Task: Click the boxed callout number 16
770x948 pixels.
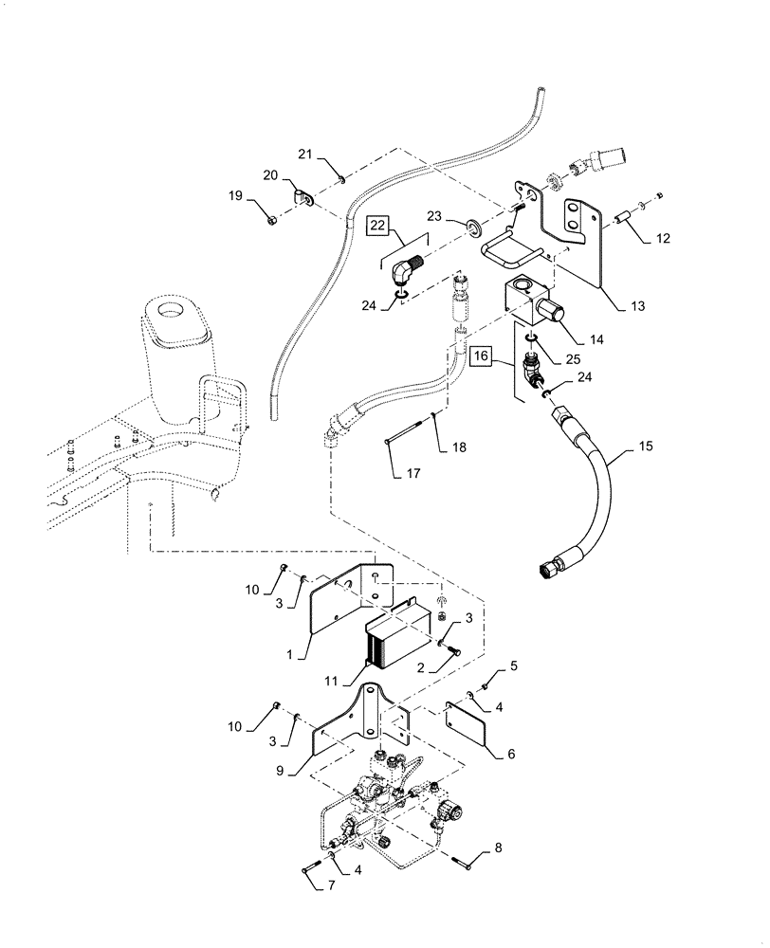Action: pyautogui.click(x=481, y=356)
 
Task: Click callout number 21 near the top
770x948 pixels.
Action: pyautogui.click(x=305, y=155)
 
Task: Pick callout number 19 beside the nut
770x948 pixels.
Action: pyautogui.click(x=234, y=196)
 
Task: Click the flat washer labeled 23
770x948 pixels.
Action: pyautogui.click(x=471, y=228)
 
